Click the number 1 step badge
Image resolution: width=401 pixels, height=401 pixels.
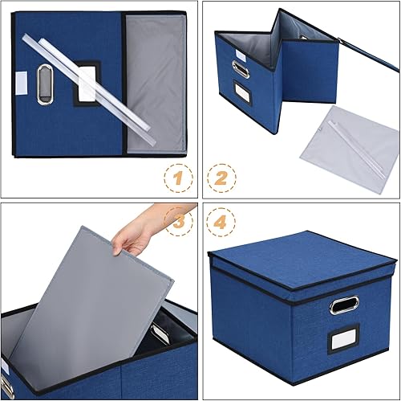[177, 177]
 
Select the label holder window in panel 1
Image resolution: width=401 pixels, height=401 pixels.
[86, 84]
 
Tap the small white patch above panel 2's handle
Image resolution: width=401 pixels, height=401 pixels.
[241, 54]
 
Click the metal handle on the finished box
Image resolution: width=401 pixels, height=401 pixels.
[344, 305]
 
